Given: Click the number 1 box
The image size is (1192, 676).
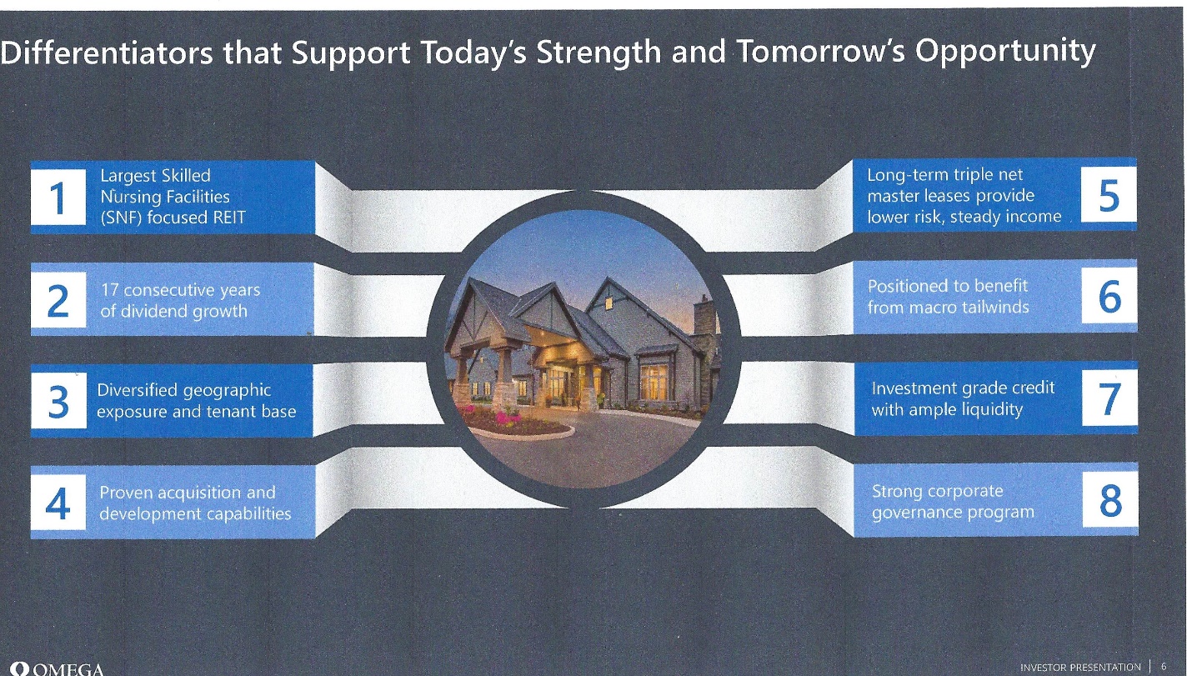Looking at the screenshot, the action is click(x=58, y=197).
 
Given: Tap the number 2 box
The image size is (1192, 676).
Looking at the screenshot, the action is click(x=58, y=300).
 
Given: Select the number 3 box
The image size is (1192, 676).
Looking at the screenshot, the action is click(x=58, y=401).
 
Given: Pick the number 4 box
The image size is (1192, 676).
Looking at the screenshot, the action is click(x=58, y=503).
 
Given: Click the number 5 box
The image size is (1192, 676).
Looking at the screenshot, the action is click(x=1109, y=194).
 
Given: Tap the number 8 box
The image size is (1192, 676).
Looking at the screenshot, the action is click(x=1110, y=500).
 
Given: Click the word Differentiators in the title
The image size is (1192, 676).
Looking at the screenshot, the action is click(x=107, y=53).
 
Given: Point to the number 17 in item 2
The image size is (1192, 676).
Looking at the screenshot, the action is click(x=110, y=290).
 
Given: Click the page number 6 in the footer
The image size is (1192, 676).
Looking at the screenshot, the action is click(x=1164, y=667).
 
